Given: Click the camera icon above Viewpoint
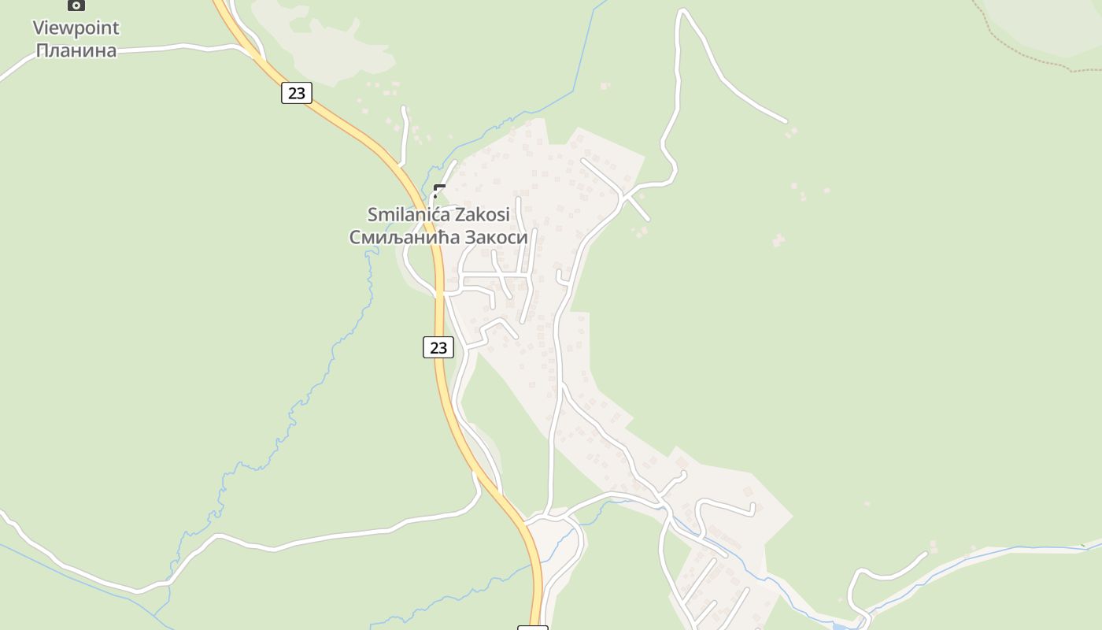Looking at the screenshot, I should click(76, 5).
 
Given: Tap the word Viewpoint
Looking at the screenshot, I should click(76, 28).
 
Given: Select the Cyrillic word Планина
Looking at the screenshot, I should click(76, 51).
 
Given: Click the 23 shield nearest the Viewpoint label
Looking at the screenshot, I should click(296, 93).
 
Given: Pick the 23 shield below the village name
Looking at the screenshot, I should click(438, 347).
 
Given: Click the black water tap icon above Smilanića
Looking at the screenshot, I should click(439, 191).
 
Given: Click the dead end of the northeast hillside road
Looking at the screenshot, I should click(785, 120).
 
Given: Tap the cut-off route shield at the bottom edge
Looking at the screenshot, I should click(532, 628).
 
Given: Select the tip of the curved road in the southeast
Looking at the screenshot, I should click(926, 554).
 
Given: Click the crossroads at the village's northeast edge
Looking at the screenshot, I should click(623, 195).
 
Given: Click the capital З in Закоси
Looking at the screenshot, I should click(471, 236).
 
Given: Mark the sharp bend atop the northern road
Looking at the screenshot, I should click(682, 10).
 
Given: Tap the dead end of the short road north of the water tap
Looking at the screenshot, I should click(404, 109).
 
